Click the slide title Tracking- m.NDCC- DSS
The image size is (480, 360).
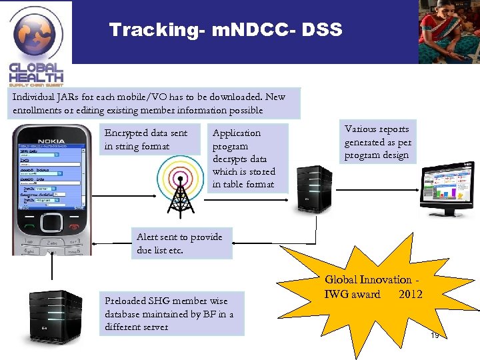(x=225, y=30)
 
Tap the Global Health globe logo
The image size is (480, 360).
(x=37, y=33)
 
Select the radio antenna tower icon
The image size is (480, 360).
(x=177, y=180)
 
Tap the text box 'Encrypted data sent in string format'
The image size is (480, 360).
(x=147, y=140)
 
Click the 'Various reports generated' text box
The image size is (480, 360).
(x=378, y=142)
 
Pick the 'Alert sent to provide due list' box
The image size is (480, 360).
(x=180, y=244)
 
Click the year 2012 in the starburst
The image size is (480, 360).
(x=411, y=295)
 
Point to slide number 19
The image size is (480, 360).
(x=435, y=335)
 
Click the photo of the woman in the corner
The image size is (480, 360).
(x=449, y=32)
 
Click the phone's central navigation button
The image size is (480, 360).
(x=51, y=222)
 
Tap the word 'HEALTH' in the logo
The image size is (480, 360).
(x=36, y=77)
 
